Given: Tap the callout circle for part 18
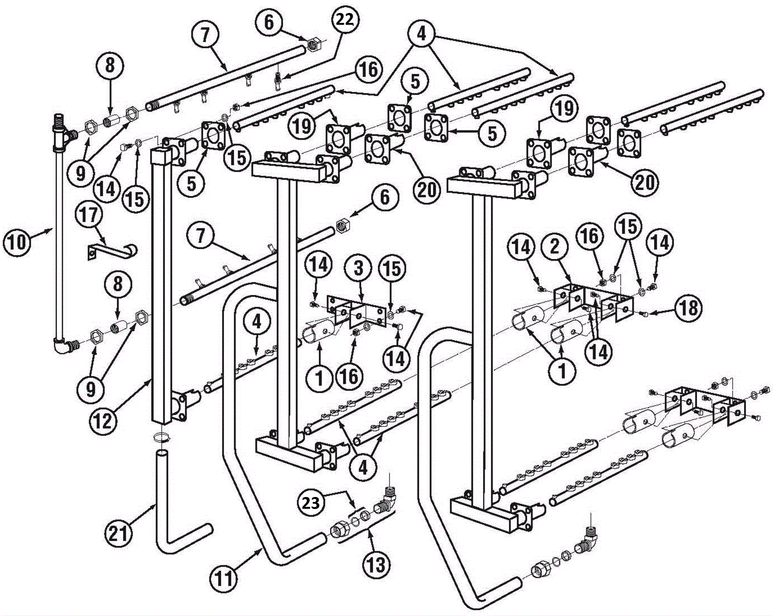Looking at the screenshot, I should [689, 308].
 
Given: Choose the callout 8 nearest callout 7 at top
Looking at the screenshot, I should [110, 66].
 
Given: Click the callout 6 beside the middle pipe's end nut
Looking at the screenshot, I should [384, 198].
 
